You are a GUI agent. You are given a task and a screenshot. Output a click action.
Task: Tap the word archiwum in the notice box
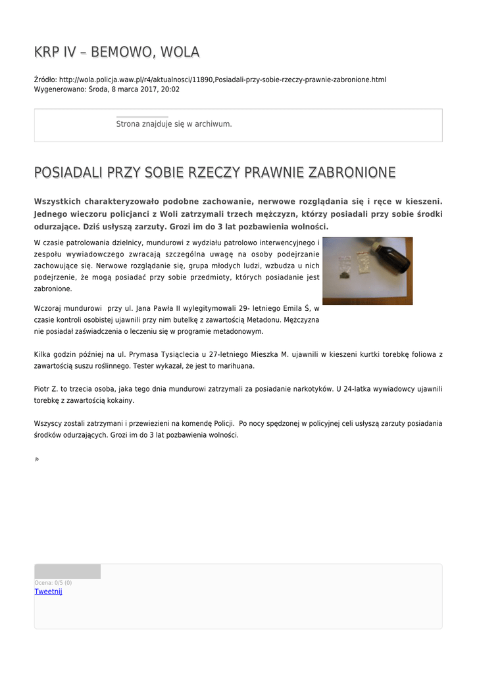coord(213,124)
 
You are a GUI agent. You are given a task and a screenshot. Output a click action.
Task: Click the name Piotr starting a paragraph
coord(43,388)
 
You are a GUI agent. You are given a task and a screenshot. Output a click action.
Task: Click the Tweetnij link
coord(48,592)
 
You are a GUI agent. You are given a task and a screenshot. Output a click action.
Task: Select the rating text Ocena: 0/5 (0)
coord(53,583)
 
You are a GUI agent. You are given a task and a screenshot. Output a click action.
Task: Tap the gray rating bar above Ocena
coord(67,571)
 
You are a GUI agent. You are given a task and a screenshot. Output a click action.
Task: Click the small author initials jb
coord(37,459)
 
